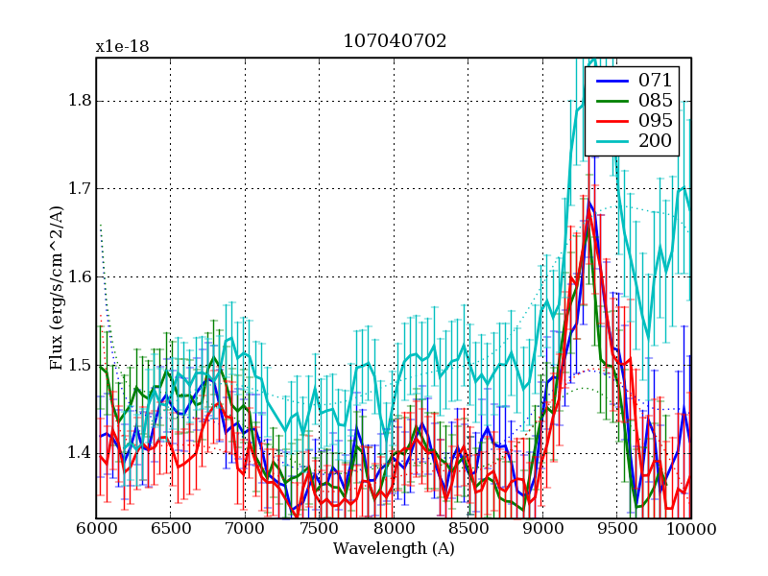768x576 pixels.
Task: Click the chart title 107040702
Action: click(395, 41)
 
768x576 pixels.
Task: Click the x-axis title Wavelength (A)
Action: click(394, 549)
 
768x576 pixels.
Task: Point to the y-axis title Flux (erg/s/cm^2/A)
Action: click(58, 288)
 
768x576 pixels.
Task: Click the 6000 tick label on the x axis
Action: click(96, 529)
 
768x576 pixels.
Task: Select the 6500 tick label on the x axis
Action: click(170, 529)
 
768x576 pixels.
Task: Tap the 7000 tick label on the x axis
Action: click(245, 529)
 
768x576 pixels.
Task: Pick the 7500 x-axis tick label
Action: click(319, 529)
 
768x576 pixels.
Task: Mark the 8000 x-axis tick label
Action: click(394, 529)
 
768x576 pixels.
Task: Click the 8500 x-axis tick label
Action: click(468, 529)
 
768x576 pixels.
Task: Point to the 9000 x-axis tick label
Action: click(542, 529)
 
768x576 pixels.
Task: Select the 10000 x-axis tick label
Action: click(691, 529)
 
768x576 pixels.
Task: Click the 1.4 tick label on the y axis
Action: click(77, 453)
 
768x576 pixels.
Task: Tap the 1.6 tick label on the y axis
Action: click(77, 277)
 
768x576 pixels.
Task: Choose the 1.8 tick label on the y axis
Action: click(77, 101)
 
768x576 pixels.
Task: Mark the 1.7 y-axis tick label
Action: click(77, 189)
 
